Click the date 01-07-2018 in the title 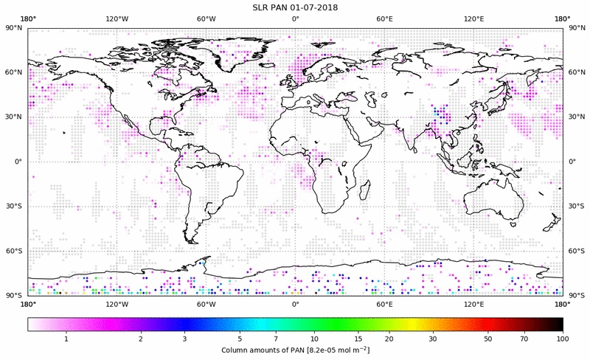tap(311, 7)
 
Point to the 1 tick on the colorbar tap(66, 339)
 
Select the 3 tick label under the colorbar tap(184, 339)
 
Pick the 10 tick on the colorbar tap(314, 339)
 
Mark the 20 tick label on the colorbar tap(388, 339)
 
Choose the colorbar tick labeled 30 tap(434, 339)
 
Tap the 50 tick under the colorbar tap(487, 339)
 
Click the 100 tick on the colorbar tap(562, 339)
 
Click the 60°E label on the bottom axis tap(384, 303)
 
